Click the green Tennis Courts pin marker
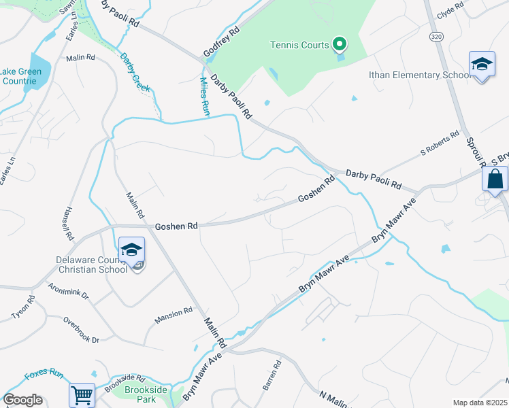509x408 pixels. tap(340, 46)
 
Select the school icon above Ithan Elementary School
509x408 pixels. tap(482, 65)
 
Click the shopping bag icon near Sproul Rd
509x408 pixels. tap(495, 180)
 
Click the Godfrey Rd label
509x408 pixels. tap(223, 43)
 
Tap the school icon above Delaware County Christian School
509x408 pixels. tap(131, 250)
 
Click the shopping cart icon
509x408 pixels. tap(82, 394)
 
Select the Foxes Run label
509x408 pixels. tap(44, 375)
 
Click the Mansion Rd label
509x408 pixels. tap(173, 315)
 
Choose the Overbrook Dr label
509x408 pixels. tap(81, 330)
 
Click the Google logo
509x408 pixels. tap(22, 400)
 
